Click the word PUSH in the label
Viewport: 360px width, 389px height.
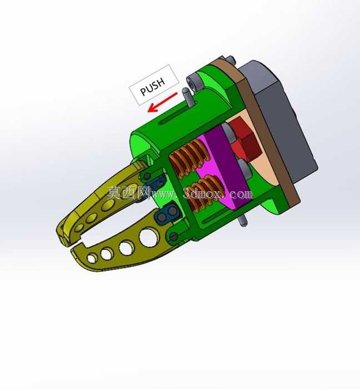153,86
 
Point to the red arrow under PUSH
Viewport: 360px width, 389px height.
162,102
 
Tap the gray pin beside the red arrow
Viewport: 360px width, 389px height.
187,97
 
